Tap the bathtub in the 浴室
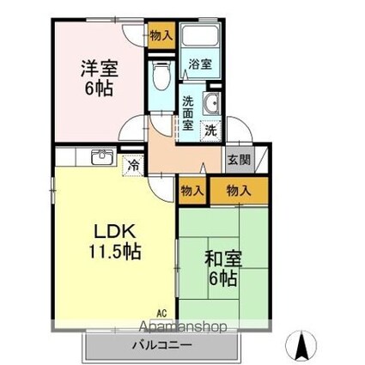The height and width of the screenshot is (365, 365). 200,35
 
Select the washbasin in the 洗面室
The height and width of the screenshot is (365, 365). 211,103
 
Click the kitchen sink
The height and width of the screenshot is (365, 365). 102,157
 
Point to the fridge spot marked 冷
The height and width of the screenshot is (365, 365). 133,165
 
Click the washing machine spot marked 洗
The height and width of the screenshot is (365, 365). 211,131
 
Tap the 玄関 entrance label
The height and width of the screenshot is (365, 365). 239,160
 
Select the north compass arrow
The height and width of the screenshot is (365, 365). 301,345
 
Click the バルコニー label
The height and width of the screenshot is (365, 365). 161,345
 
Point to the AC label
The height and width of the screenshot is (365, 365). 161,313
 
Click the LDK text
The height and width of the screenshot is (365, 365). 115,232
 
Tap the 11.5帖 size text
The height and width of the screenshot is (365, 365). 115,251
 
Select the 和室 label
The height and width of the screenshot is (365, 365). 223,259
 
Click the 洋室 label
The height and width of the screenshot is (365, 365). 100,69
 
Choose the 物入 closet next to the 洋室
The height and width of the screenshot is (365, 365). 161,35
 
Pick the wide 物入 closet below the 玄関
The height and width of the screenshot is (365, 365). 239,191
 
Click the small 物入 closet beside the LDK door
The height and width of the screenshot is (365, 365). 192,191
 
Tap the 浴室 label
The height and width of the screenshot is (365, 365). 200,64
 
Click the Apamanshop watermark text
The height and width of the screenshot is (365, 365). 184,326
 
